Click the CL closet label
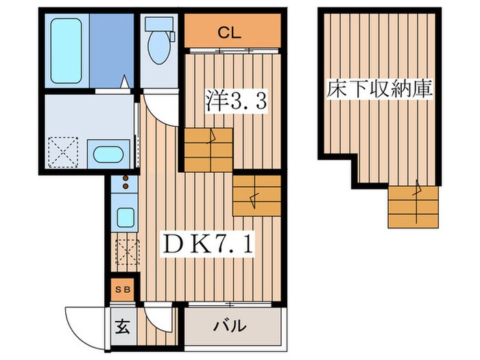[229, 32]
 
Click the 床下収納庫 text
[379, 88]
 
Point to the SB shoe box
[123, 289]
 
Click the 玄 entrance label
[122, 326]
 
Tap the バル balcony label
[230, 326]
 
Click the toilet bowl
[159, 47]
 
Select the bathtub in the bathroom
[66, 51]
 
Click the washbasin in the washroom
[108, 154]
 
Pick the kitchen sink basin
[125, 217]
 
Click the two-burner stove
[125, 183]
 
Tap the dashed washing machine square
[63, 152]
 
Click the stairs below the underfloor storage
[413, 207]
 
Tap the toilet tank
[159, 23]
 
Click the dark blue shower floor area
[111, 51]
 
